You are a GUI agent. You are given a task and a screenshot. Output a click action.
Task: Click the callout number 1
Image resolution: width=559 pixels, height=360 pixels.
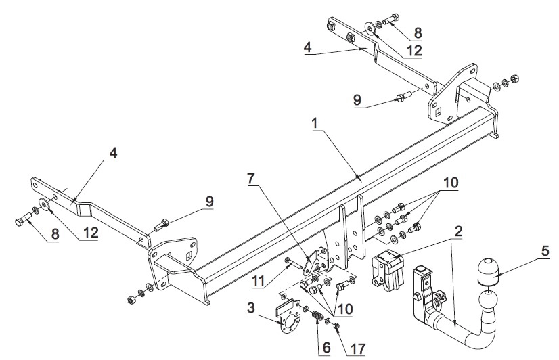(315, 124)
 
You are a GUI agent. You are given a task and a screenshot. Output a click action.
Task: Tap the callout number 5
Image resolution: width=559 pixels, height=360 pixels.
(545, 251)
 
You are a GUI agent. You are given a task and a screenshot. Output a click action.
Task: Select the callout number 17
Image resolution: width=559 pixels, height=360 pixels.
(357, 349)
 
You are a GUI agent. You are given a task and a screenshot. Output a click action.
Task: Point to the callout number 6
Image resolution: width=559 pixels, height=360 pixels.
(327, 348)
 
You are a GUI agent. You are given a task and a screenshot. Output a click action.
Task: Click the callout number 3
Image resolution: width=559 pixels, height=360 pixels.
(251, 308)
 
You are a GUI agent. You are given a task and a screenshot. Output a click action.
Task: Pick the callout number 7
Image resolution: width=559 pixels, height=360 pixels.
(251, 179)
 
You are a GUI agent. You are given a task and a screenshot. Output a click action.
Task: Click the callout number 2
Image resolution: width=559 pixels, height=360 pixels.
(458, 231)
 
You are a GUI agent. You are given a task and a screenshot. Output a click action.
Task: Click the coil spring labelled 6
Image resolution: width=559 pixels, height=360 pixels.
(317, 317)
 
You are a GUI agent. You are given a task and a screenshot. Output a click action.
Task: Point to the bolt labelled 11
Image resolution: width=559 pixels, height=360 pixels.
(292, 265)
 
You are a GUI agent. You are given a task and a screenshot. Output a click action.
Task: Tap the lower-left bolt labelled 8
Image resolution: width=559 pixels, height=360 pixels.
(24, 219)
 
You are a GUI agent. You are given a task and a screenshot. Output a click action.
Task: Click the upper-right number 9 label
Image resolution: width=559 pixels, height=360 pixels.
(357, 100)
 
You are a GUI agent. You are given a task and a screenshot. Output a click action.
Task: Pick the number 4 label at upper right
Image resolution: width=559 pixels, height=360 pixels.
(308, 47)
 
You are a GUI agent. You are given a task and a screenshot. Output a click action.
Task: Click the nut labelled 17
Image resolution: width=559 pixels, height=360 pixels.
(336, 325)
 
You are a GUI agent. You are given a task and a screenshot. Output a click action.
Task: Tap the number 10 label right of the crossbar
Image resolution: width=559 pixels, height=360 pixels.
(450, 183)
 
